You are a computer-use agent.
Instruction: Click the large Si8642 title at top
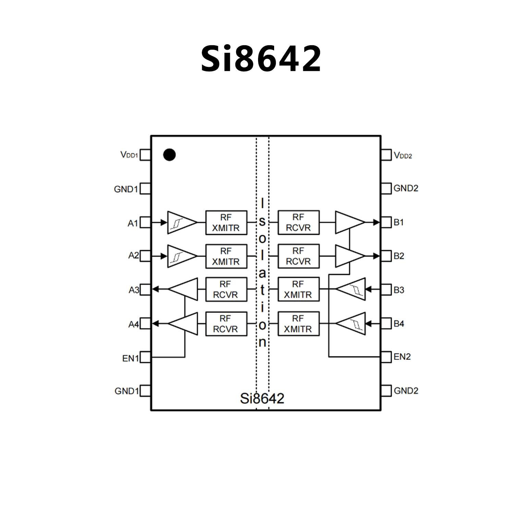tap(261, 59)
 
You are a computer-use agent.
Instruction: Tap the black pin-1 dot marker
tap(169, 155)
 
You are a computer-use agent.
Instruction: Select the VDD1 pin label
tap(129, 155)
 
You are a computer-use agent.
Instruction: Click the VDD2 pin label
tap(403, 156)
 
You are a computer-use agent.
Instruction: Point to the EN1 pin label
tap(130, 358)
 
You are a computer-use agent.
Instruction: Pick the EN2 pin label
tap(402, 357)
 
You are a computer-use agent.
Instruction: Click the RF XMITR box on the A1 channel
tap(226, 222)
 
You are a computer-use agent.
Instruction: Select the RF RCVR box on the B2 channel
tap(298, 256)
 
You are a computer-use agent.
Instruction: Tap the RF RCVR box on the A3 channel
tap(226, 289)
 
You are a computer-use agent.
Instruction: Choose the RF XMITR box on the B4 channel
tap(298, 323)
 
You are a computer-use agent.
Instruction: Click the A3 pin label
tap(134, 290)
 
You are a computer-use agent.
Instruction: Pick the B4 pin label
tap(399, 323)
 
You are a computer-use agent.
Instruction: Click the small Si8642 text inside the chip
tap(262, 398)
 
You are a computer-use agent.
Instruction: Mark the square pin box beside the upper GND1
tap(145, 188)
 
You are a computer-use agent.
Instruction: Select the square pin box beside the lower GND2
tap(386, 391)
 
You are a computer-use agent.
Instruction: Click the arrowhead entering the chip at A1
tap(164, 222)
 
